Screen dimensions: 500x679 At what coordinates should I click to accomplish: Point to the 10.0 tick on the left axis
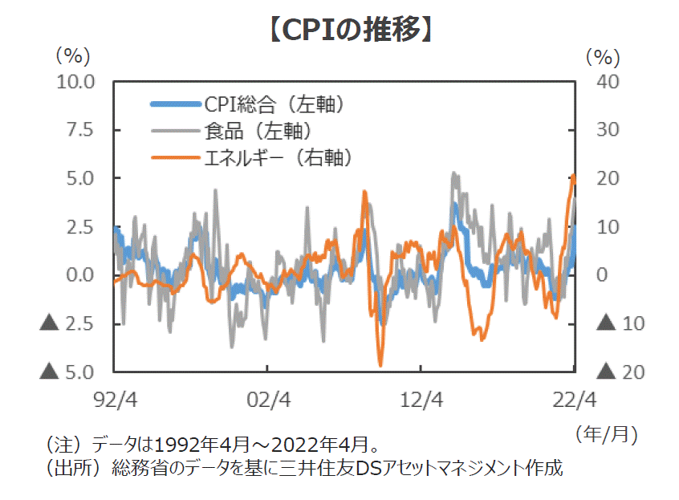point(75,81)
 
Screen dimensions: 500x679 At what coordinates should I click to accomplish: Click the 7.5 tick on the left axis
point(80,130)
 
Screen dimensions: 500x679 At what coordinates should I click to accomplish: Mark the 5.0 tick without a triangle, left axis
point(80,178)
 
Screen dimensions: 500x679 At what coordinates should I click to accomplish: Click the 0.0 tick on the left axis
point(80,275)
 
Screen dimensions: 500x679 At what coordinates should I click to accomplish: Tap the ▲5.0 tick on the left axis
point(69,372)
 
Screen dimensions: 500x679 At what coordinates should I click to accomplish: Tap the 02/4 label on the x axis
point(267,398)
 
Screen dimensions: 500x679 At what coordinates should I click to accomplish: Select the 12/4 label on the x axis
point(421,398)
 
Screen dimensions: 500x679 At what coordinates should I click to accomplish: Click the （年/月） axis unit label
point(608,434)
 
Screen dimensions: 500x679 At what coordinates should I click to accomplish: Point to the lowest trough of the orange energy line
point(380,365)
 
